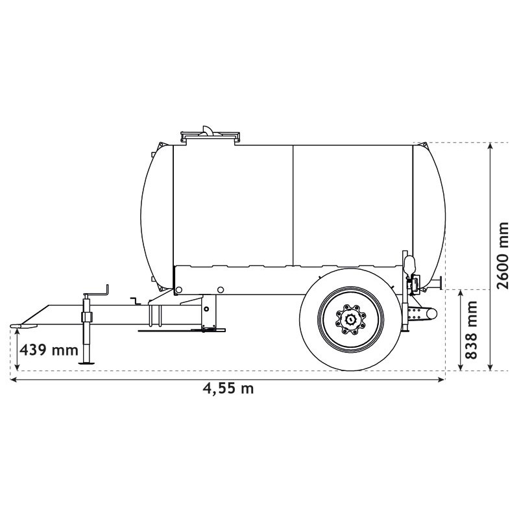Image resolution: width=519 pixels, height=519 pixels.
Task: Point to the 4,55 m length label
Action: tap(228, 389)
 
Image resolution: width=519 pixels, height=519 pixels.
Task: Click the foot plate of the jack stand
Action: tap(87, 363)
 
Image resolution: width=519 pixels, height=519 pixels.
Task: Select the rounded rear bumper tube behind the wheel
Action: tap(425, 313)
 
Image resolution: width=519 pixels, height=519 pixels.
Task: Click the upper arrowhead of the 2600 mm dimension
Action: tap(491, 147)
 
